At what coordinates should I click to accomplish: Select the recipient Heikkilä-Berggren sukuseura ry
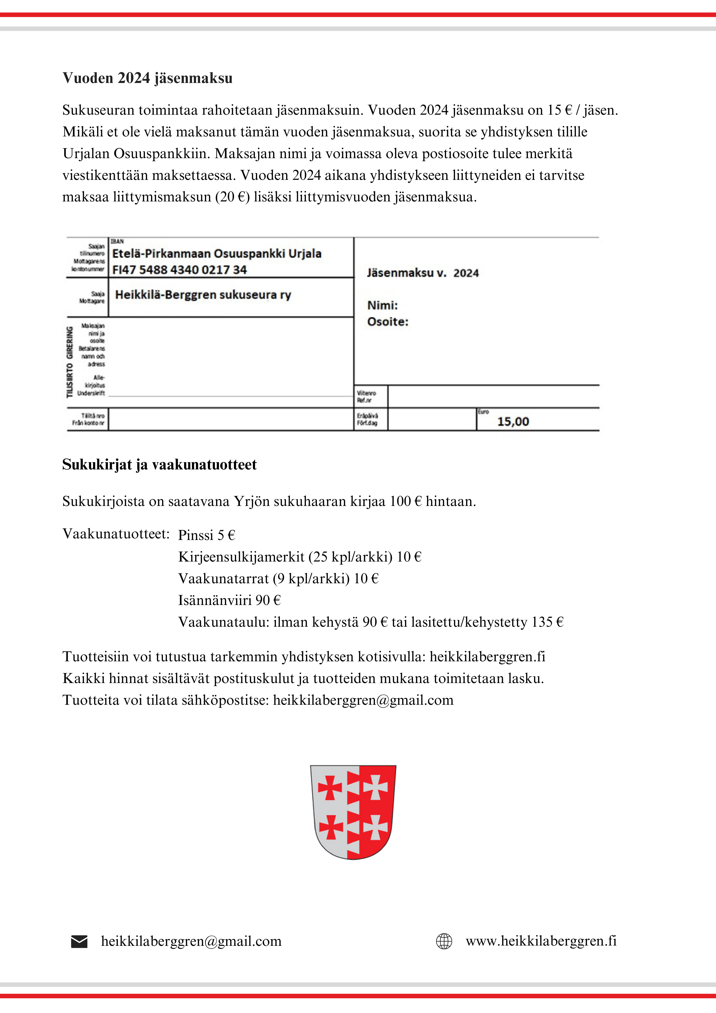[x=203, y=295]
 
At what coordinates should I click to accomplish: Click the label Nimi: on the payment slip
[x=382, y=305]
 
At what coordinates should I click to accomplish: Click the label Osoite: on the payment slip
[x=388, y=322]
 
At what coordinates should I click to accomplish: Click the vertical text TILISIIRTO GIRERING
[x=70, y=362]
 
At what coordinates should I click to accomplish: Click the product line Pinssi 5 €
[x=207, y=535]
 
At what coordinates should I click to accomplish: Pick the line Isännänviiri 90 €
[x=229, y=600]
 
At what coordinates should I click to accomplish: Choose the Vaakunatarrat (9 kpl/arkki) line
[x=278, y=578]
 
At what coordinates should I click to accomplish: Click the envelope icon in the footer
[x=79, y=942]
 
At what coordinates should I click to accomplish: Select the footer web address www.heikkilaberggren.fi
[x=541, y=941]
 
